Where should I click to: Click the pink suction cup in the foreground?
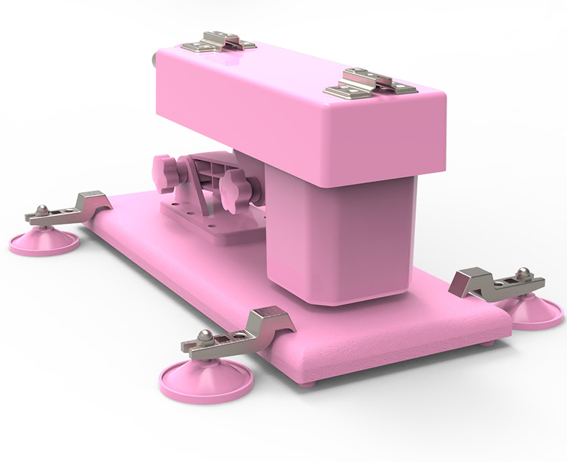205,381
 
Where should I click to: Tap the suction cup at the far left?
44,240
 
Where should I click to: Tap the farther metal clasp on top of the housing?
218,41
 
